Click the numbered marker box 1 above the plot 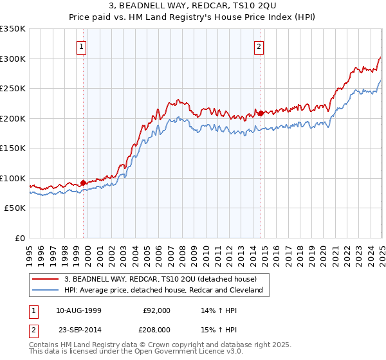pyautogui.click(x=83, y=46)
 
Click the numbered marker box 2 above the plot pyautogui.click(x=259, y=46)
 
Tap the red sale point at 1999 pyautogui.click(x=83, y=183)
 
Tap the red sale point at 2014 pyautogui.click(x=261, y=113)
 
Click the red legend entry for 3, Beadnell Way pyautogui.click(x=160, y=279)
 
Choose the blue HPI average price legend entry pyautogui.click(x=163, y=290)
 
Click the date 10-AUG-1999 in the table pyautogui.click(x=79, y=310)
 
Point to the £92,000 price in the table pyautogui.click(x=156, y=310)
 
